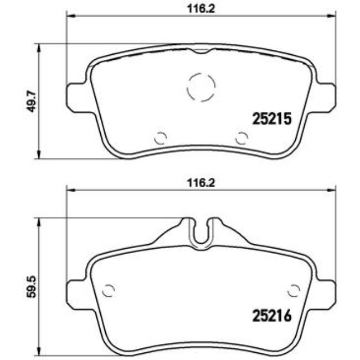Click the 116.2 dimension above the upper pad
pos(201,9)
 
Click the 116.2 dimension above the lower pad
pos(201,183)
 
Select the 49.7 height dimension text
pos(32,101)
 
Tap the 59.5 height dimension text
pos(32,287)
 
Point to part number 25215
pos(272,119)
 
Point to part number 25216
pos(272,316)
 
